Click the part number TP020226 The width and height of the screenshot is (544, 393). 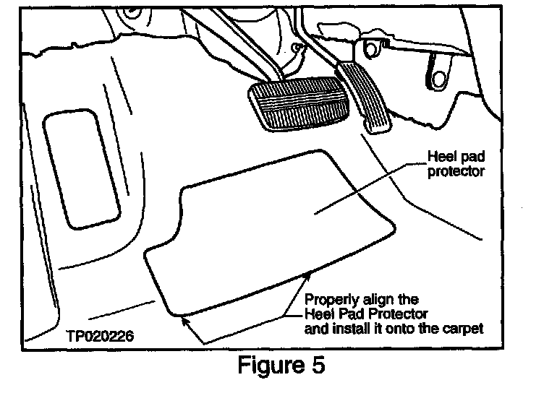[97, 336]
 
